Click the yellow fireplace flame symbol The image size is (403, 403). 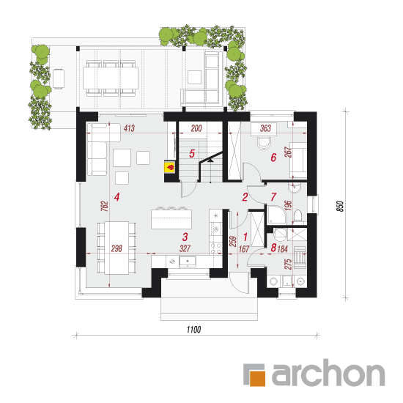(170, 168)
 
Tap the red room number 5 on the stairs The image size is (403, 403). (192, 154)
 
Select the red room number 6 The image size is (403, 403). (273, 158)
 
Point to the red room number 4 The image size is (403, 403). (117, 197)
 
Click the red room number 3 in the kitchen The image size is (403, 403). (185, 237)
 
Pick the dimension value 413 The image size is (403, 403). (129, 128)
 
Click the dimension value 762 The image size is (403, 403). (104, 206)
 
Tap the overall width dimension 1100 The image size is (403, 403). (193, 330)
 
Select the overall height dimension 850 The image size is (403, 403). (340, 206)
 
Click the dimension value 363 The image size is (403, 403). (265, 128)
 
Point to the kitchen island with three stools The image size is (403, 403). (171, 218)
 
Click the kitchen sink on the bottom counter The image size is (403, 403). (188, 262)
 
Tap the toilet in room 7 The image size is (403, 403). (297, 215)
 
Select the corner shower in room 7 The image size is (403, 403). (276, 215)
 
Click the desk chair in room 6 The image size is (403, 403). (265, 144)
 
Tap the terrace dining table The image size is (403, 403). (111, 78)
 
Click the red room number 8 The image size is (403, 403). (273, 248)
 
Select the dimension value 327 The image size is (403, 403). (185, 248)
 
